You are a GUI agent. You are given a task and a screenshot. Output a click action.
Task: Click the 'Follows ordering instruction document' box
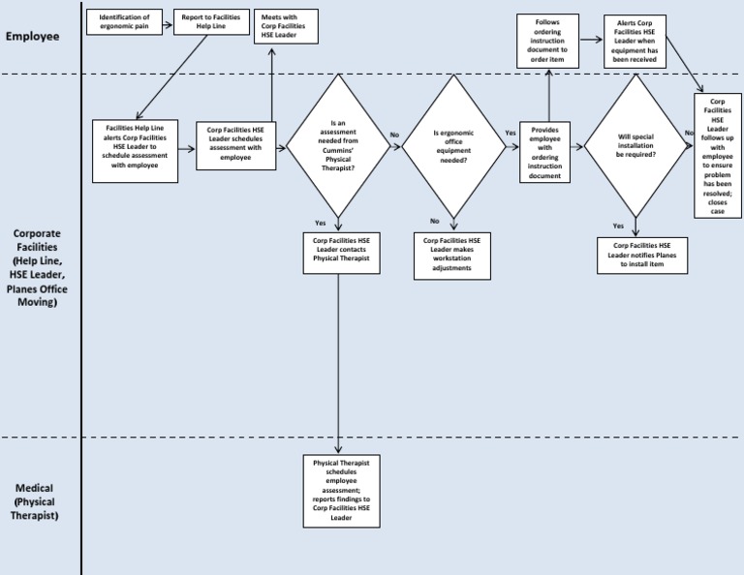(547, 42)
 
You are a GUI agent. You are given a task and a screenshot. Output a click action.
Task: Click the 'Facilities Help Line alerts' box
(139, 151)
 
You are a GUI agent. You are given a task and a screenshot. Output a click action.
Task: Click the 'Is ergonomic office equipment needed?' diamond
(452, 147)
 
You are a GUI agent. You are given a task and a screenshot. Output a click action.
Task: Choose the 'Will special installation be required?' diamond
(635, 147)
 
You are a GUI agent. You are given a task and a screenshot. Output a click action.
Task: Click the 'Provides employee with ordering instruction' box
(545, 152)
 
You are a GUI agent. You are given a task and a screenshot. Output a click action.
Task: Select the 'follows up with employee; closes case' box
(718, 155)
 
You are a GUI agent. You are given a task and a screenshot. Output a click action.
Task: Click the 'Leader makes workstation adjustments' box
(452, 255)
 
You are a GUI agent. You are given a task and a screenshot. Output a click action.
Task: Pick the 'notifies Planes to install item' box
(642, 255)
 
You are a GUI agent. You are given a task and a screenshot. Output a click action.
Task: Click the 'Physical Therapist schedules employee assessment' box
(340, 491)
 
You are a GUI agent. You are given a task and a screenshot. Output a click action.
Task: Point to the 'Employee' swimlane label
(32, 37)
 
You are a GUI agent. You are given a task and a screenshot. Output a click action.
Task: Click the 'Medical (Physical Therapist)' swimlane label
(35, 501)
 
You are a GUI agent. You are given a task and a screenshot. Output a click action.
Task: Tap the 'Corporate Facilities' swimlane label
(36, 268)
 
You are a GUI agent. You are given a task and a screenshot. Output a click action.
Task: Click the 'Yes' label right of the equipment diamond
(511, 133)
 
